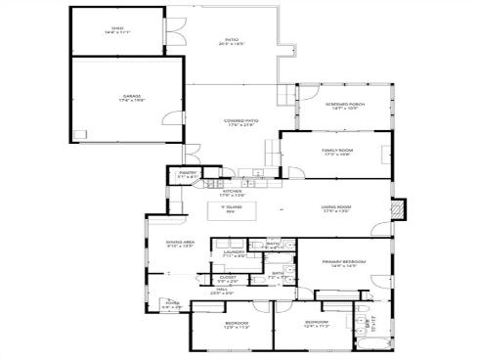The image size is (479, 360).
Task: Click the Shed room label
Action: [x=117, y=29]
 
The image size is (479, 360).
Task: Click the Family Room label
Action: [x=337, y=150]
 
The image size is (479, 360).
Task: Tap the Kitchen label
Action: [x=231, y=192]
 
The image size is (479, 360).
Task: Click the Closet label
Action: [x=227, y=277]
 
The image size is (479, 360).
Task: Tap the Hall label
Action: [x=223, y=290]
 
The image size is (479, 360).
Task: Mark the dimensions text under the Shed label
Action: [x=117, y=33]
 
